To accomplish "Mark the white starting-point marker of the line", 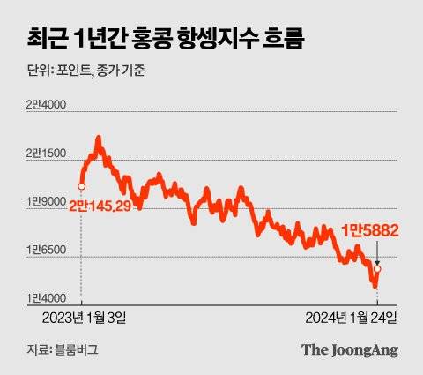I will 81,185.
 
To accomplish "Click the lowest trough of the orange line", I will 374,287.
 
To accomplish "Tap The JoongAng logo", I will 350,349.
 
